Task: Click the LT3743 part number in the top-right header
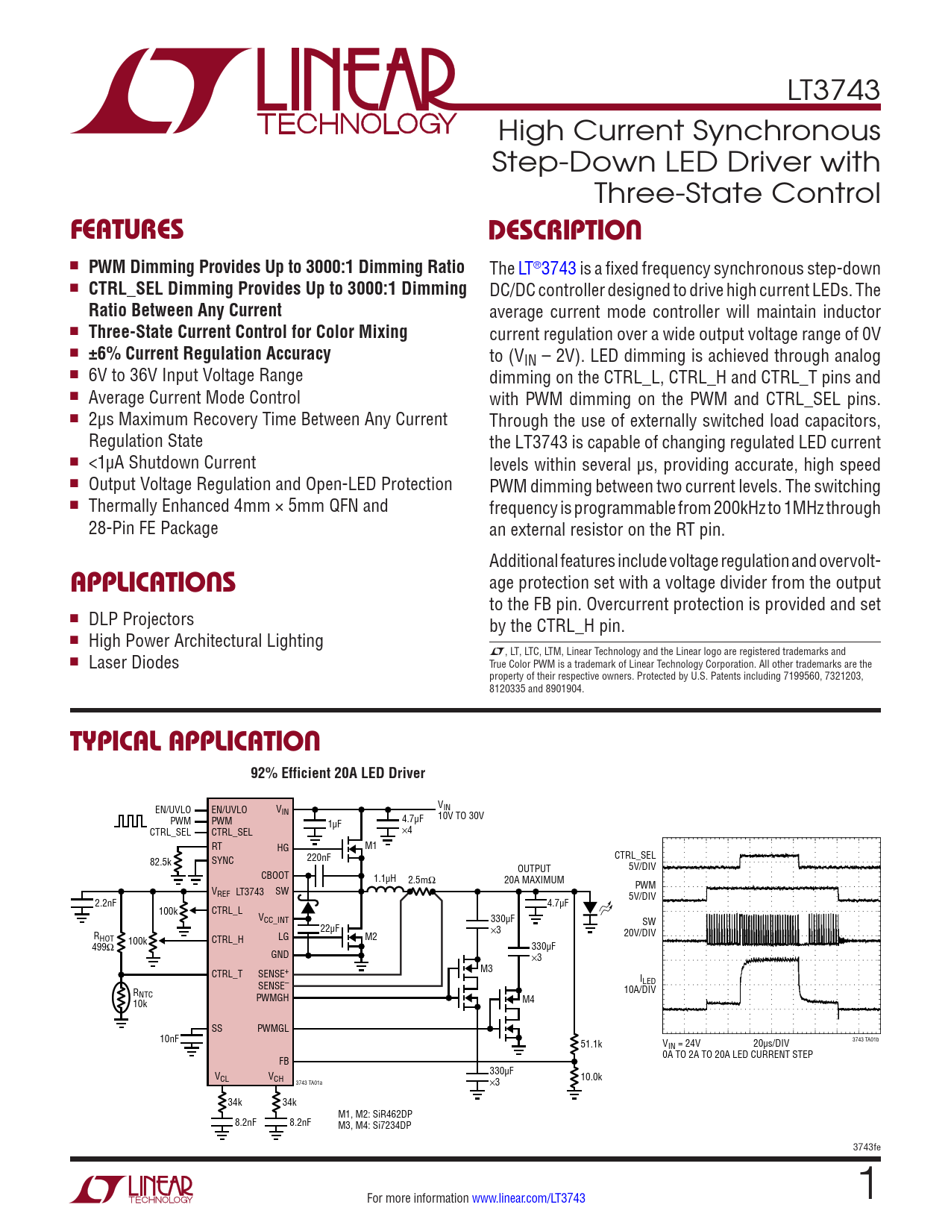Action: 833,90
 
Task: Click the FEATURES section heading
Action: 127,230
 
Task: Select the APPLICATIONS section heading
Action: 153,582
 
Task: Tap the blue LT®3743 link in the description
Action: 547,269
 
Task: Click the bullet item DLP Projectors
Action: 141,619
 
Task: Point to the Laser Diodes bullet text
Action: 134,663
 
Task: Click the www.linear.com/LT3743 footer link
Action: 528,1198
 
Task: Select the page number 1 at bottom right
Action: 867,1185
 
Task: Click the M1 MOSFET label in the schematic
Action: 371,846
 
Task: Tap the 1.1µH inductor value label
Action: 385,879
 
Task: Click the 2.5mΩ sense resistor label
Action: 421,880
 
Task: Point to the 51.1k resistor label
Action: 591,1044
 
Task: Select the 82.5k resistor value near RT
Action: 160,862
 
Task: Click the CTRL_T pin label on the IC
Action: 227,974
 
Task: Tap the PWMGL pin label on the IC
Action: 273,1028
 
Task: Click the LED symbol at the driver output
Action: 591,909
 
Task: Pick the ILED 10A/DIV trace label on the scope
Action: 640,985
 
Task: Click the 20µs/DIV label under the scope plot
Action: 770,1043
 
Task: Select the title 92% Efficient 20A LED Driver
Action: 337,773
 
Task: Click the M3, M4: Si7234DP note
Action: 374,1125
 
